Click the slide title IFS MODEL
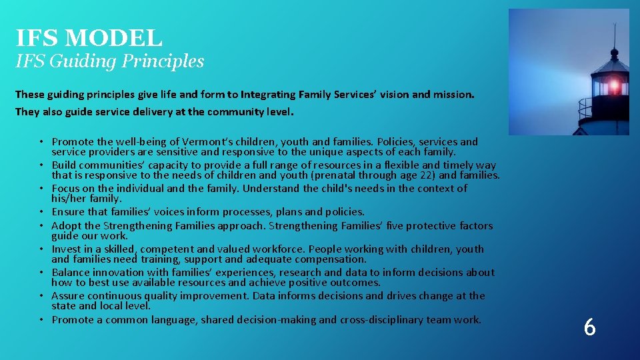point(89,37)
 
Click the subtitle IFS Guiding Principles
point(110,61)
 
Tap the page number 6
point(589,327)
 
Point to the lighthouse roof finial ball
point(614,51)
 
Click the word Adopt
point(66,226)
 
